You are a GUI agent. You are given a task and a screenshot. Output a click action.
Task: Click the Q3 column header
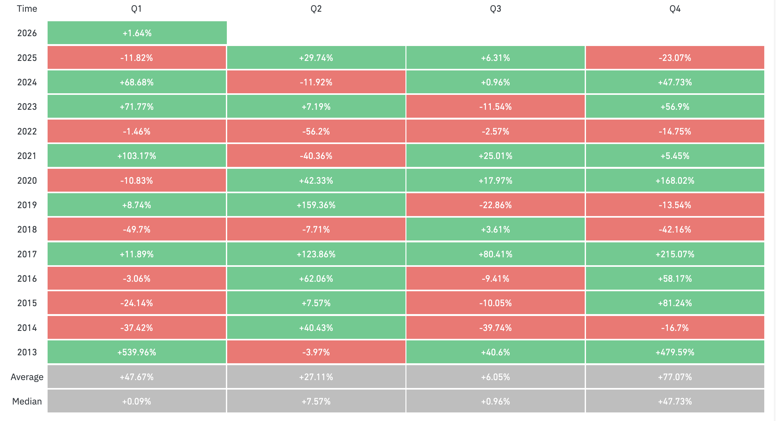pos(495,9)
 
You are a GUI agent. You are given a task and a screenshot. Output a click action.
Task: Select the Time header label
pos(27,9)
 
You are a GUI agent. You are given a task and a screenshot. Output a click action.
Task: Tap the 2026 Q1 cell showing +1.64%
pos(137,33)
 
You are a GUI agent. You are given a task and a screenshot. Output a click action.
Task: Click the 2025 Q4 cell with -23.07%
pos(675,58)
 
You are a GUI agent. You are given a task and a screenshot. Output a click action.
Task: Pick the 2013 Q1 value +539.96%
pos(137,352)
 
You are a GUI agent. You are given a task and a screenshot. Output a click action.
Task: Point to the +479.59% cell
pos(675,352)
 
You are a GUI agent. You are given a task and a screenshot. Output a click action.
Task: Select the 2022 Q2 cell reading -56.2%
pos(316,131)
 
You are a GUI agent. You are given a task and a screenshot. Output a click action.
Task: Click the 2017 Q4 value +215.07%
pos(675,254)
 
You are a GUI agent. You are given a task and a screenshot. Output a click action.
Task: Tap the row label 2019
pos(27,205)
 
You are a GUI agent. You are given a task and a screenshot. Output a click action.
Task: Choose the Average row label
pos(27,377)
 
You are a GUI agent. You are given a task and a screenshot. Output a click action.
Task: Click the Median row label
pos(27,401)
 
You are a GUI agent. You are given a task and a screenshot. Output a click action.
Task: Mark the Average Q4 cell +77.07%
pos(675,377)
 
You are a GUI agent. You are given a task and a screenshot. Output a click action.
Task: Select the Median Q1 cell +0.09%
pos(137,401)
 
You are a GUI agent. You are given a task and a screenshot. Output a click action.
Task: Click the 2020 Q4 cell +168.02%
pos(675,181)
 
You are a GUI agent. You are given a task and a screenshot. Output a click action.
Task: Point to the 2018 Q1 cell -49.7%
pos(137,229)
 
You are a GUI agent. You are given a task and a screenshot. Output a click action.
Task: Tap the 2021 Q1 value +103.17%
pos(137,156)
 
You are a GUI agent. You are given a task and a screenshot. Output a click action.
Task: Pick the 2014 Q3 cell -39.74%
pos(495,328)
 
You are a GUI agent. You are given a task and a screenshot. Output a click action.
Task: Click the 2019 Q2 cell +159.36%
pos(316,205)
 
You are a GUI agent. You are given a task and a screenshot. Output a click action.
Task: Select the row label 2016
pos(27,279)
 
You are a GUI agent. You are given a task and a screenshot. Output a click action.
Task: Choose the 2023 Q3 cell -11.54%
pos(495,107)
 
